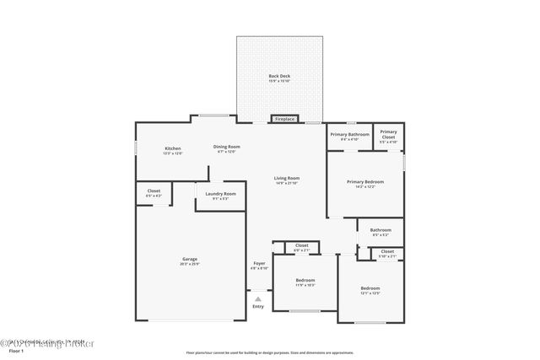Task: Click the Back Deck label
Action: [279, 77]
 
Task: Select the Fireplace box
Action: [285, 120]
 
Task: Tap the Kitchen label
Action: [172, 149]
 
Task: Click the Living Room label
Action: [287, 178]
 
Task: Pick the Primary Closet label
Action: [388, 132]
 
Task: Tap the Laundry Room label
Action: [220, 194]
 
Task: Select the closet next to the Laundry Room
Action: [154, 191]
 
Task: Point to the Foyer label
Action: [259, 264]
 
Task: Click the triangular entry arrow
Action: [258, 298]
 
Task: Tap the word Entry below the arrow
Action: [258, 307]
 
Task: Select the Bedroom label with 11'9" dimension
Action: [305, 280]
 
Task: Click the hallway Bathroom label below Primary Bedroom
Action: [380, 230]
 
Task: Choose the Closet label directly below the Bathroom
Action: [386, 252]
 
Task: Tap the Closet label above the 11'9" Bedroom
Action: [301, 245]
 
